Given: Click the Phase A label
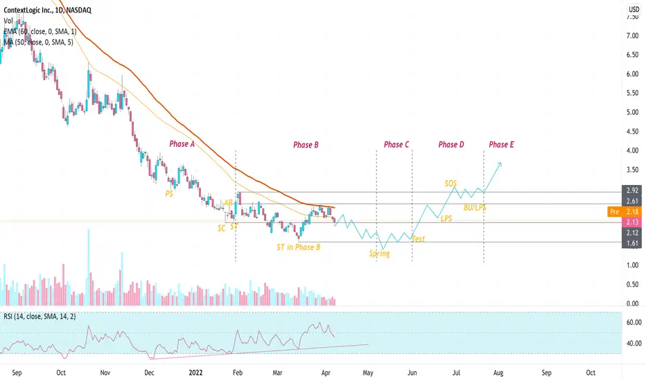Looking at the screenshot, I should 183,144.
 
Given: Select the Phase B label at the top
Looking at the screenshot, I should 306,145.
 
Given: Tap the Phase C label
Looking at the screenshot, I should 396,145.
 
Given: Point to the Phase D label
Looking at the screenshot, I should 451,145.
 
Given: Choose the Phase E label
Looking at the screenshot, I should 501,145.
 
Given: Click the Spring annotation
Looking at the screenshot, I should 379,254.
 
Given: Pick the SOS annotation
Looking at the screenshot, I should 451,183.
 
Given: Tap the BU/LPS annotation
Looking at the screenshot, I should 474,207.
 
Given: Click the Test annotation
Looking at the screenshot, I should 418,238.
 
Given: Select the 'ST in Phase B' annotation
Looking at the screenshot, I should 298,247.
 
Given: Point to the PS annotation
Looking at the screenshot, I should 170,196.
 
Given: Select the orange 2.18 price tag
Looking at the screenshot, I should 632,211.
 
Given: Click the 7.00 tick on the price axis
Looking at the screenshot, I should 632,35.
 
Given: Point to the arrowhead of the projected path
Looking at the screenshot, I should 500,163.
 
